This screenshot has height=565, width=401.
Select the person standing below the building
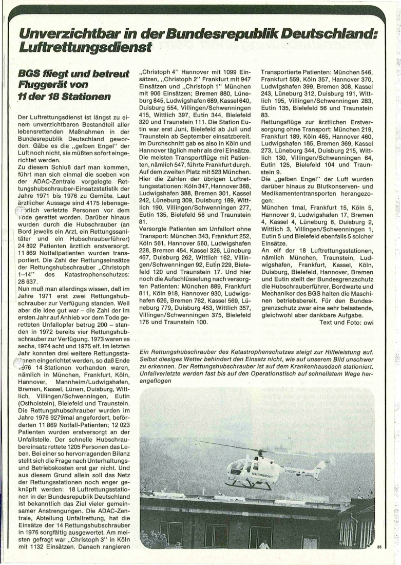click(x=264, y=544)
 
